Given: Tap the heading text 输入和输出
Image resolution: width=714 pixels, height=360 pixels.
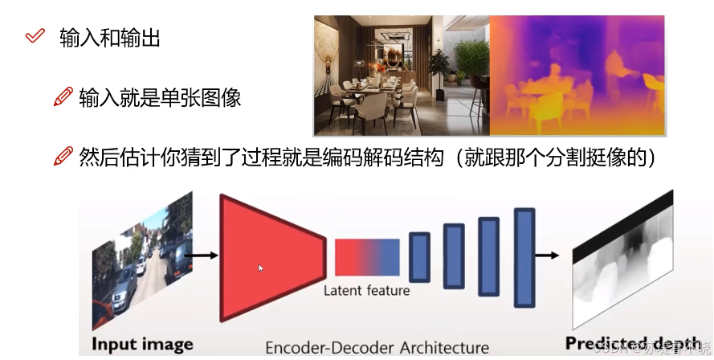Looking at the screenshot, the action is (x=110, y=38).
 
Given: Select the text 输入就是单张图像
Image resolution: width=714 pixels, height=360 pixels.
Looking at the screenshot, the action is (x=160, y=98).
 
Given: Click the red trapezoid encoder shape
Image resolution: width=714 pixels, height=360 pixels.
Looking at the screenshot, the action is (x=270, y=257).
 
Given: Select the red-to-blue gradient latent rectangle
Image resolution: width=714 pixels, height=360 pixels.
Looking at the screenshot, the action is (x=366, y=257).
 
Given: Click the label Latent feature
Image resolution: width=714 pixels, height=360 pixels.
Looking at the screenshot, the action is (x=366, y=290).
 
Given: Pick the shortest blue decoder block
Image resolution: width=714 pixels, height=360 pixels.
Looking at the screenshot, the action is (x=419, y=257).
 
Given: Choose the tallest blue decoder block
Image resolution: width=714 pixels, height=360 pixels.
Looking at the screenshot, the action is (x=524, y=257).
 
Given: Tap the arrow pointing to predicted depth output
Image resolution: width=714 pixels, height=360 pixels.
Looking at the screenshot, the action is (x=548, y=256).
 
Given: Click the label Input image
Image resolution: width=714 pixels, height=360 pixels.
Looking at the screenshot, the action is (x=143, y=345).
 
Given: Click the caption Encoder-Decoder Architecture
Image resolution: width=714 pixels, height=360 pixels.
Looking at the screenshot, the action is (x=377, y=347).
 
